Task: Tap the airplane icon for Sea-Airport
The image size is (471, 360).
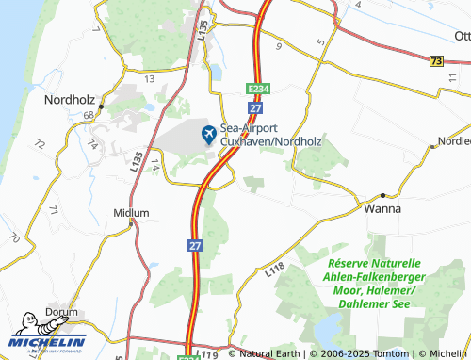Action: (208, 135)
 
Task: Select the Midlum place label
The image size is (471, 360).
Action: (131, 213)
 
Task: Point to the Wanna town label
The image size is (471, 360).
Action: (382, 208)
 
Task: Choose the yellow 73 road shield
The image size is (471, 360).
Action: (435, 60)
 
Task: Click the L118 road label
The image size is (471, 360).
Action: (275, 270)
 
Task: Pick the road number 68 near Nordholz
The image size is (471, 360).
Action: (88, 115)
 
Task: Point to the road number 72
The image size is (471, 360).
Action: (39, 144)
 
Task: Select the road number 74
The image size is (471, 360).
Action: (92, 144)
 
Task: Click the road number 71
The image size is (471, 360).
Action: (54, 209)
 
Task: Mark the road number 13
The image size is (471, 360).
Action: (150, 79)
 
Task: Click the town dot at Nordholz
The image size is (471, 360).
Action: (102, 96)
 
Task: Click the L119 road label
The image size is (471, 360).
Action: (209, 354)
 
